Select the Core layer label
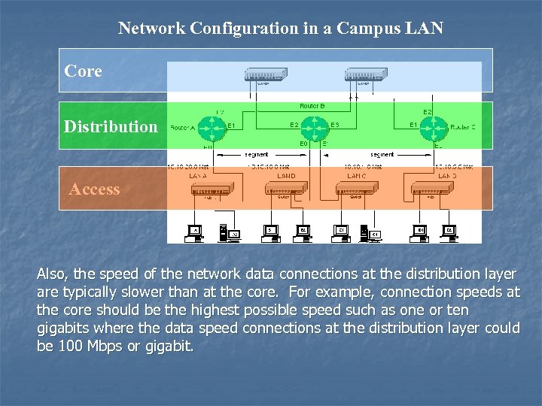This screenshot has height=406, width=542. (x=83, y=71)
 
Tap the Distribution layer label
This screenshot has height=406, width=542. (x=111, y=126)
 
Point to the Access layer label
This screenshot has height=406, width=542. (x=94, y=189)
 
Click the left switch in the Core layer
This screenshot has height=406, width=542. (x=266, y=75)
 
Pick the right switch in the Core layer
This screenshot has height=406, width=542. (x=366, y=75)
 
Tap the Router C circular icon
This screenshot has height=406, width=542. (x=433, y=128)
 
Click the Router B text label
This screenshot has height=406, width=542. (x=312, y=106)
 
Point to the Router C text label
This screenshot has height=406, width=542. (x=462, y=128)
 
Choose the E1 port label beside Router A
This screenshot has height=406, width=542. (x=231, y=125)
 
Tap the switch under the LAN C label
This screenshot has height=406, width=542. (x=353, y=190)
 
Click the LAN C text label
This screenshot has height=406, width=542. (x=355, y=174)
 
